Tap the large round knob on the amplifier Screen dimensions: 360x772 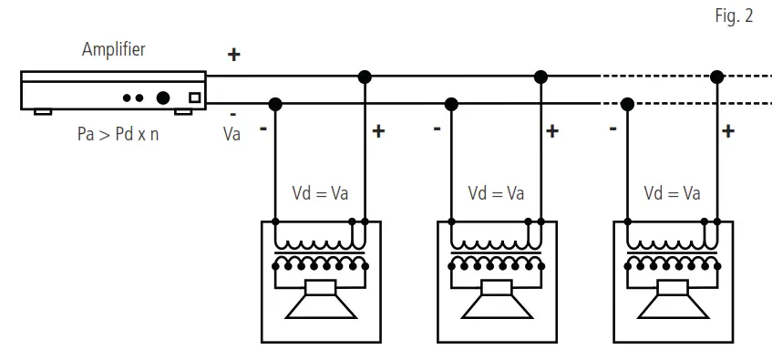[x=163, y=98]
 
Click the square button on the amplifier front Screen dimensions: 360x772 [x=193, y=98]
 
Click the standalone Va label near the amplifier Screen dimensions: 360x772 [x=232, y=134]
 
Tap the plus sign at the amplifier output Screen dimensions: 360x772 [x=233, y=55]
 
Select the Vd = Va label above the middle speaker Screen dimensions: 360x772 [x=496, y=193]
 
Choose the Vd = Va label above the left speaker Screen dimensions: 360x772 [x=321, y=193]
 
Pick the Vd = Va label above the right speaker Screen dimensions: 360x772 [x=672, y=193]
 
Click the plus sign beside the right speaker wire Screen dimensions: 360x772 [x=728, y=131]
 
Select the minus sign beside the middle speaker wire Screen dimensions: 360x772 [x=437, y=129]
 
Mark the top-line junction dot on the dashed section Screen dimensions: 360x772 [x=716, y=76]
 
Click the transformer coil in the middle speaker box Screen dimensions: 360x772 [x=496, y=252]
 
